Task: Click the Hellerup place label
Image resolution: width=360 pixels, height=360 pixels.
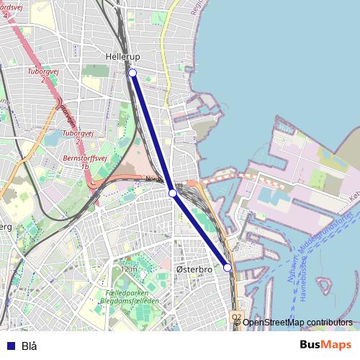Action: [122, 56]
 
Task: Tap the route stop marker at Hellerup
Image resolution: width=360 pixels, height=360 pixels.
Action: [132, 73]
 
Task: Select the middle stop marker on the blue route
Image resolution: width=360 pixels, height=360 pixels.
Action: [173, 193]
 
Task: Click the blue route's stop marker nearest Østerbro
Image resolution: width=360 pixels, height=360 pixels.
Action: [228, 267]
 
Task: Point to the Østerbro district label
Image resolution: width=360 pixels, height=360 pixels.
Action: [194, 269]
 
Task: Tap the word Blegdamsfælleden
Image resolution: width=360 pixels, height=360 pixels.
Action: [132, 302]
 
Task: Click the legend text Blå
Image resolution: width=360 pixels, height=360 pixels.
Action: [29, 346]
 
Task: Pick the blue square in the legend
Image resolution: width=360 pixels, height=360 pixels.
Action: [10, 346]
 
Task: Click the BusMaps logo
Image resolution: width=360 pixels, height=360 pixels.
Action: [326, 346]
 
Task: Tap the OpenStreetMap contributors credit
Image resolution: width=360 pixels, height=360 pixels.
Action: [297, 323]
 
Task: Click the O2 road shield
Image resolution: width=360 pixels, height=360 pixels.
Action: [236, 317]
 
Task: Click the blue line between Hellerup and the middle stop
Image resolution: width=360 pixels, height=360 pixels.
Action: [153, 133]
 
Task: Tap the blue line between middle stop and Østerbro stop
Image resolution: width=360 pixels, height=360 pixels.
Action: [200, 230]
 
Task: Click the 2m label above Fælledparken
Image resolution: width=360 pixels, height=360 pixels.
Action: [130, 269]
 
